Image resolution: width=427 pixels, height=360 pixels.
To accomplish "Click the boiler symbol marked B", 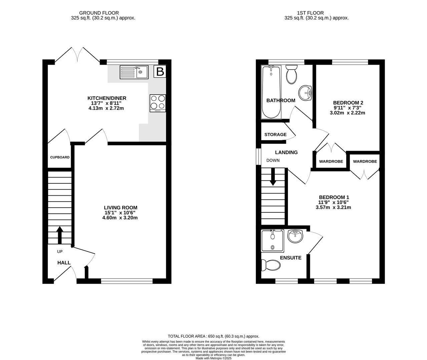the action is pos(160,71).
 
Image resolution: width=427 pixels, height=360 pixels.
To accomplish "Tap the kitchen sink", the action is pos(134,72).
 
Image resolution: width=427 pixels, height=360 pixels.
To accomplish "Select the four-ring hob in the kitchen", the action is pos(158,103).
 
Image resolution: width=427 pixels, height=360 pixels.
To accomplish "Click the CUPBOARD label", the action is pos(60,157).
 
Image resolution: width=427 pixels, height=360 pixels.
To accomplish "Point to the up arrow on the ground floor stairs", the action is pos(59,235).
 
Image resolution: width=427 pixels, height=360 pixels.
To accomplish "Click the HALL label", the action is pos(64,263).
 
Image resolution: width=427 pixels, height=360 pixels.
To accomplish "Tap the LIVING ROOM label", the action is pos(120,208).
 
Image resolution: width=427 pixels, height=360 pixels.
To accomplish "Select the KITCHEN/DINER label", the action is pos(107,98).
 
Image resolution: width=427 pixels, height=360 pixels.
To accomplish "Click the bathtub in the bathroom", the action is pos(271,92).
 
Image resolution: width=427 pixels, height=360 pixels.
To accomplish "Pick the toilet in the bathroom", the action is pos(292,74).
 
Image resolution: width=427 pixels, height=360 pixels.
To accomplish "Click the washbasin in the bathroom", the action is pos(305,93).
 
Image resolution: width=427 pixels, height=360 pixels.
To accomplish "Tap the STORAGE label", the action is pos(275,134).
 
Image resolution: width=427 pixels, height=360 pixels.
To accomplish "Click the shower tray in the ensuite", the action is pos(273,241).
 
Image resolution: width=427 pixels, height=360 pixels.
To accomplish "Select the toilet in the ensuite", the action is pos(271,265).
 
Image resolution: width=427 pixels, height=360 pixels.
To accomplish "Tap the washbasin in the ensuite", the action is pos(295,236).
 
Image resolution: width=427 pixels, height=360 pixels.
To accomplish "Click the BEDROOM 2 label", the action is pos(345,103).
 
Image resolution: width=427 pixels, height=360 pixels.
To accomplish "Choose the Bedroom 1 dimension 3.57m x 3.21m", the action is pos(333,207).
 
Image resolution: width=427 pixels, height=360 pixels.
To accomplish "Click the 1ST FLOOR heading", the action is pos(310,13).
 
